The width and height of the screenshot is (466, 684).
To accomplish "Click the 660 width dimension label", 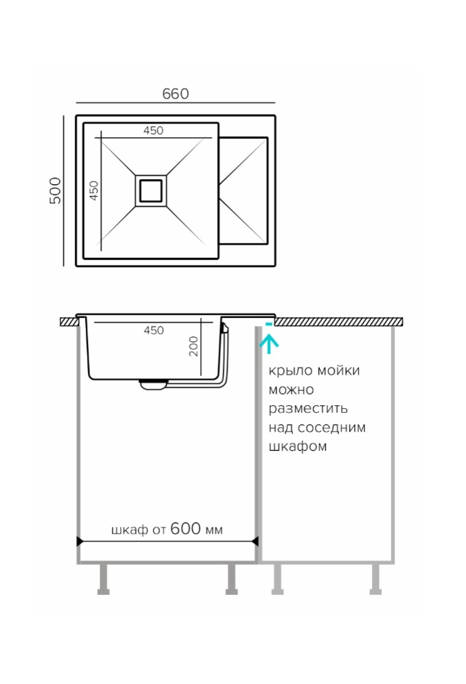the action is pyautogui.click(x=176, y=94).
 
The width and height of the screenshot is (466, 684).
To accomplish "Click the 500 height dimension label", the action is pyautogui.click(x=56, y=190).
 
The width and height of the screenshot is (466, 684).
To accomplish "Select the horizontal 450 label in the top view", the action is pyautogui.click(x=153, y=131).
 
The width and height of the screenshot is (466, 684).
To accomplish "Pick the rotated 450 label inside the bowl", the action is pyautogui.click(x=94, y=190).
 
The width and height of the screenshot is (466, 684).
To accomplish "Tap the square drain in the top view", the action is pyautogui.click(x=151, y=190).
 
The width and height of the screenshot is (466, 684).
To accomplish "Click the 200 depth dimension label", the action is pyautogui.click(x=193, y=346).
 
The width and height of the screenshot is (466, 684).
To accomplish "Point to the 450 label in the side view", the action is pyautogui.click(x=154, y=330).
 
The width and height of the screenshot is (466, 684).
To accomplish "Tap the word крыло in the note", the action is pyautogui.click(x=290, y=371).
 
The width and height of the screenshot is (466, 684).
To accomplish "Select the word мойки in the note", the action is pyautogui.click(x=339, y=370).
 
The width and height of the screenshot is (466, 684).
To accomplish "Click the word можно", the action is pyautogui.click(x=291, y=389).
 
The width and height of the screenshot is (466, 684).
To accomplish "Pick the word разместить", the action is pyautogui.click(x=308, y=409).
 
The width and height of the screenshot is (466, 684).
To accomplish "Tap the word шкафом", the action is pyautogui.click(x=297, y=446).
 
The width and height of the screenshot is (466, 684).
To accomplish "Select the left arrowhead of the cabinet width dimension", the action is pyautogui.click(x=80, y=541).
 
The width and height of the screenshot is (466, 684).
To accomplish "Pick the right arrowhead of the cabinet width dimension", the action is pyautogui.click(x=255, y=541).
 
